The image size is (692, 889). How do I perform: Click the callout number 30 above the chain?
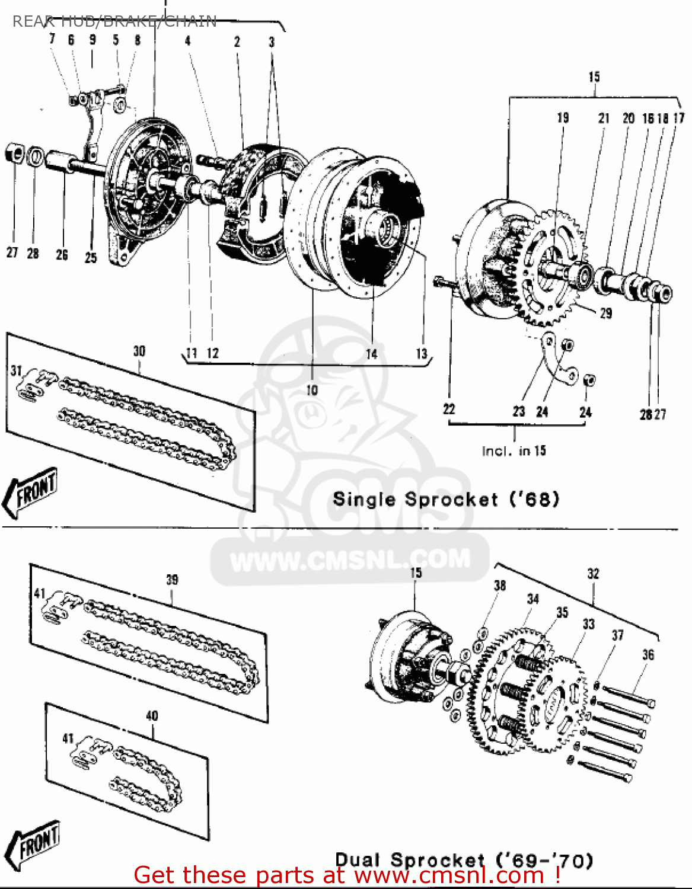(x=139, y=351)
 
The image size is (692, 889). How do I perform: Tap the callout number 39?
(x=172, y=580)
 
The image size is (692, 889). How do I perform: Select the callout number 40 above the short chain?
(x=152, y=716)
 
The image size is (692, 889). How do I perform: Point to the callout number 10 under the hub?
(x=312, y=390)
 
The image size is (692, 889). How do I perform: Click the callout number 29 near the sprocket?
(x=605, y=313)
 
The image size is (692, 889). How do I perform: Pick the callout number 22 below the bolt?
(x=449, y=409)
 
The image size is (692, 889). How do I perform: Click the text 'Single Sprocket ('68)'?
(x=446, y=499)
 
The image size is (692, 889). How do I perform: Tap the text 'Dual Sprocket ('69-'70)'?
(x=464, y=860)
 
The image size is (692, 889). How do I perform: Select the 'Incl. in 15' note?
(x=514, y=451)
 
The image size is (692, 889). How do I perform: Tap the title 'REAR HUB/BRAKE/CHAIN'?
(x=114, y=22)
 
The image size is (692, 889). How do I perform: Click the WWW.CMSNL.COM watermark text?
(x=350, y=559)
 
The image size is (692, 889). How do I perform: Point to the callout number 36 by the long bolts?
(x=648, y=655)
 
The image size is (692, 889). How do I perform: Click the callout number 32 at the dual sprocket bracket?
(x=593, y=574)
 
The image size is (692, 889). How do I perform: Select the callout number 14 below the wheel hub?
(x=371, y=354)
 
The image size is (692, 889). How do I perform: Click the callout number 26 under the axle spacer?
(x=62, y=255)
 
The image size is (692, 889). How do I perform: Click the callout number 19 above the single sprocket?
(x=563, y=118)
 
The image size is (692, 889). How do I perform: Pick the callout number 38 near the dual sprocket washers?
(x=500, y=586)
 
